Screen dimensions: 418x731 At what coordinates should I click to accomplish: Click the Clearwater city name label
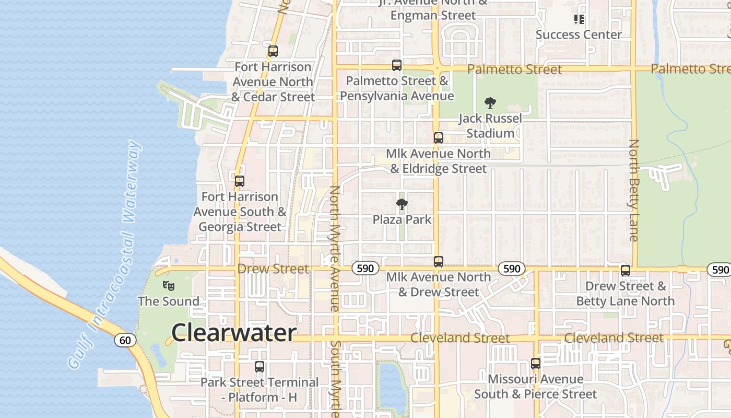pyautogui.click(x=234, y=332)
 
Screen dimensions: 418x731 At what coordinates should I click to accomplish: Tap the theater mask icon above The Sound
pyautogui.click(x=168, y=285)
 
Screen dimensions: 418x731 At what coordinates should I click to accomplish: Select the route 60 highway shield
pyautogui.click(x=125, y=340)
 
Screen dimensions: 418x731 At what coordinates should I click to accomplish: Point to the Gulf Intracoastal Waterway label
pyautogui.click(x=104, y=255)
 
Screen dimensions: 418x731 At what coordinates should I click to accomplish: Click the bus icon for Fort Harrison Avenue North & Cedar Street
pyautogui.click(x=273, y=51)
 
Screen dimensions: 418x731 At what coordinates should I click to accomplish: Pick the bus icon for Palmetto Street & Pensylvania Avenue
pyautogui.click(x=397, y=65)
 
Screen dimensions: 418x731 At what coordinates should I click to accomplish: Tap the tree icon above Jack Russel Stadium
pyautogui.click(x=490, y=103)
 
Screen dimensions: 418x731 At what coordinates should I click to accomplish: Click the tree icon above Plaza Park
pyautogui.click(x=402, y=204)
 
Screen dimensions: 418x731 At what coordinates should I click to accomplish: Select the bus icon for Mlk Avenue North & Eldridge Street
pyautogui.click(x=439, y=138)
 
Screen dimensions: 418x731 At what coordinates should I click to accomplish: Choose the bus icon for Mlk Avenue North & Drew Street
pyautogui.click(x=439, y=262)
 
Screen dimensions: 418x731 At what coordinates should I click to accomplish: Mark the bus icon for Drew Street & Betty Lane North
pyautogui.click(x=626, y=271)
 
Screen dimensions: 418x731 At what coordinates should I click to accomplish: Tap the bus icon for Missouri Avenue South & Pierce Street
pyautogui.click(x=536, y=364)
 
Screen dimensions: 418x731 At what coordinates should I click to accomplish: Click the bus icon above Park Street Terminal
pyautogui.click(x=259, y=367)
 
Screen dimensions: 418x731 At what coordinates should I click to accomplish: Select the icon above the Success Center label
pyautogui.click(x=579, y=19)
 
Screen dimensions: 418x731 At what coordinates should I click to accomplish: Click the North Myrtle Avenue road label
pyautogui.click(x=335, y=248)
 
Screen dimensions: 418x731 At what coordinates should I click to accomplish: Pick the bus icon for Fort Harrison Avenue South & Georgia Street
pyautogui.click(x=239, y=181)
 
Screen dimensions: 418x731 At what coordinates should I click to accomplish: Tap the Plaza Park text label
pyautogui.click(x=402, y=219)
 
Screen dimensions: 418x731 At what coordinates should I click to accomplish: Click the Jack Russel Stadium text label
pyautogui.click(x=490, y=126)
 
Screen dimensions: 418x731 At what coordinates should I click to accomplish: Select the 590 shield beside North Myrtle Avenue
pyautogui.click(x=365, y=269)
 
